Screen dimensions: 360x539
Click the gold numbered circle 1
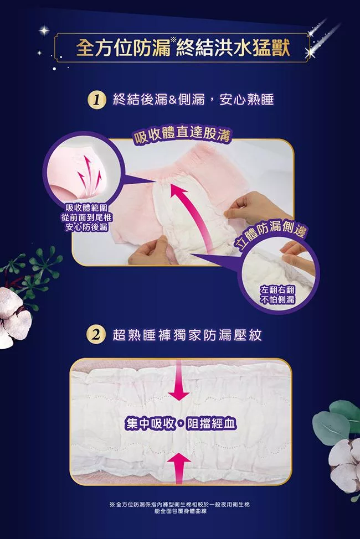(x=97, y=101)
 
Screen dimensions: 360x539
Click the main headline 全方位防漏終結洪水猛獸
(x=183, y=48)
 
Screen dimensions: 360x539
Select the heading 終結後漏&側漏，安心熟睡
(x=193, y=100)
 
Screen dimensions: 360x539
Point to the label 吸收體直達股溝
(x=182, y=136)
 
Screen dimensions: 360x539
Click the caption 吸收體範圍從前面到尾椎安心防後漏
(x=87, y=217)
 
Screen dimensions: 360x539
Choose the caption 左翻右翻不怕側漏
(x=277, y=294)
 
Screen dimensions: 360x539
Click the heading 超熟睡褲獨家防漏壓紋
(x=188, y=335)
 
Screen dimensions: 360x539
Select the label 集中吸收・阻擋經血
(x=181, y=424)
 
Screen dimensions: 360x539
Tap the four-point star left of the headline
(x=44, y=30)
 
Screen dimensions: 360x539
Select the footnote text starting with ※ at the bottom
(x=179, y=507)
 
